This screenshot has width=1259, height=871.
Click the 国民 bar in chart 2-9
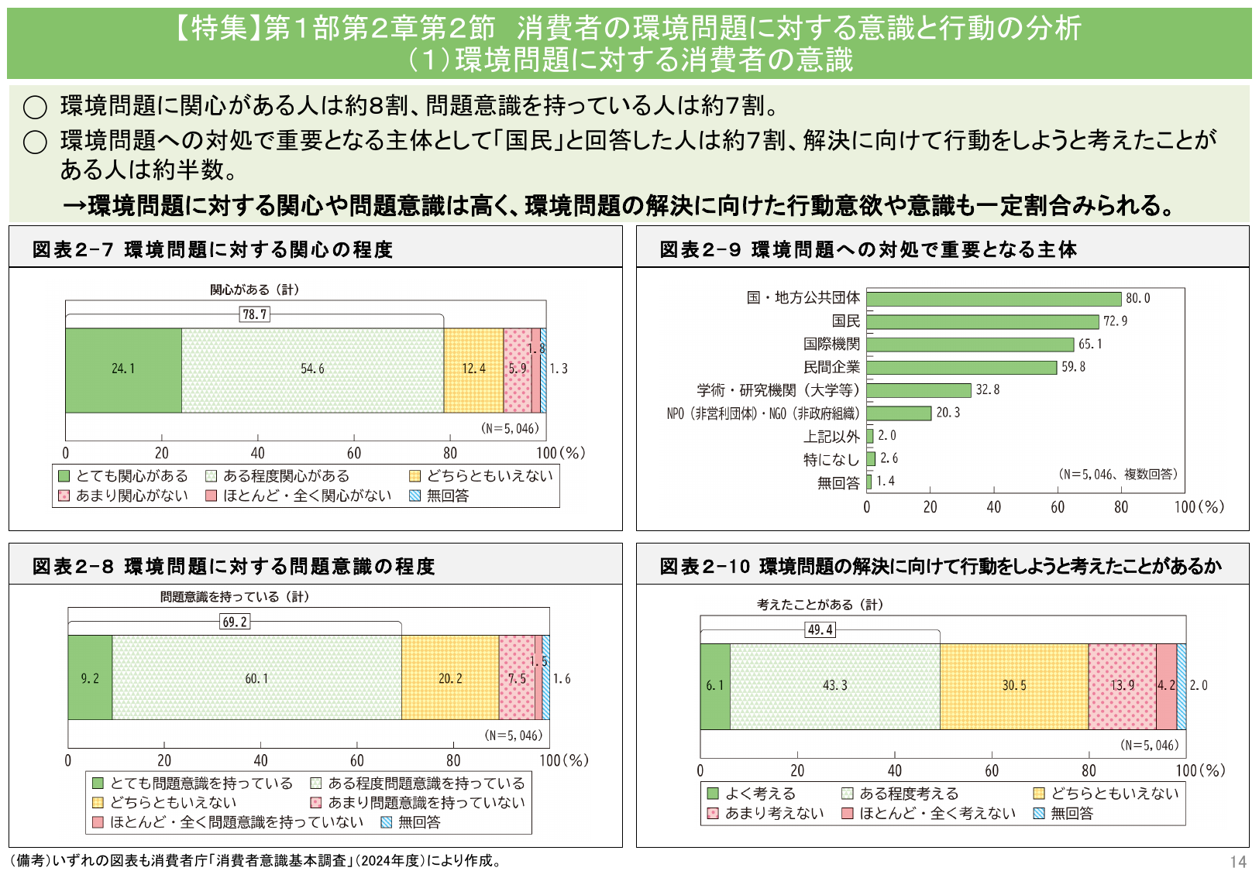(982, 321)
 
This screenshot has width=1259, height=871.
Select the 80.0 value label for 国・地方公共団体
(1137, 299)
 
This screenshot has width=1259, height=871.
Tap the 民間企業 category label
(831, 367)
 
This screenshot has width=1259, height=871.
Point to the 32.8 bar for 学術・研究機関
(919, 390)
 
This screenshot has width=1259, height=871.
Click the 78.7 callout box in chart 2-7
(255, 314)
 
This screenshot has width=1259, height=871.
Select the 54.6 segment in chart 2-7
(312, 370)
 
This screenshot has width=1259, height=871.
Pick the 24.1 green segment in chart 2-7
(123, 370)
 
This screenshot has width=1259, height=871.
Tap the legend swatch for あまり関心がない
(64, 496)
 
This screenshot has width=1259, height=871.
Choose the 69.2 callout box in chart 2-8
(235, 622)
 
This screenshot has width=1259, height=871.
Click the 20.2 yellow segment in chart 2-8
(450, 678)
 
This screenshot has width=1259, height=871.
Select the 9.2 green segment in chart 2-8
(90, 678)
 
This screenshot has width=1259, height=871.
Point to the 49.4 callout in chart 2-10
(820, 629)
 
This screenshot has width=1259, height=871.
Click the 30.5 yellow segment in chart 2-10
(1013, 686)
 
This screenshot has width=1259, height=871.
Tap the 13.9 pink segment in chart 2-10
(1122, 686)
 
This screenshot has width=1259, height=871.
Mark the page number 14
(1237, 862)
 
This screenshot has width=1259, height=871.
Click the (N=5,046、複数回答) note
(1117, 474)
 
